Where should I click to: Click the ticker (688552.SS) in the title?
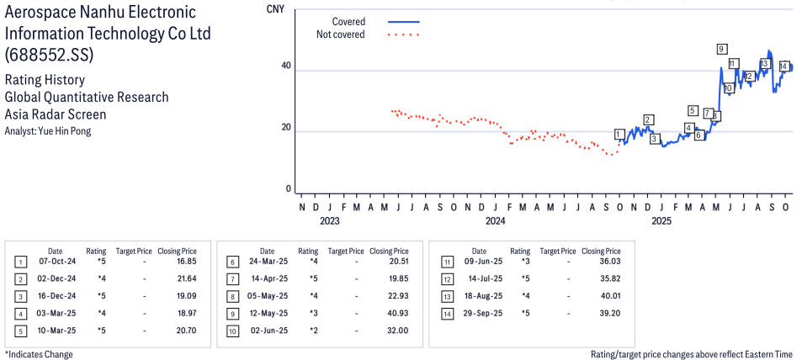tap(49, 55)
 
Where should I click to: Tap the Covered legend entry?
tap(348, 21)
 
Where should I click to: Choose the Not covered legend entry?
tap(340, 34)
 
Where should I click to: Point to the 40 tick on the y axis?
tap(286, 66)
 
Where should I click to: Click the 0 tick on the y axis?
tap(289, 189)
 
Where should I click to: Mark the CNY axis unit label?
tap(274, 10)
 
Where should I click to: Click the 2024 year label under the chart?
tap(495, 222)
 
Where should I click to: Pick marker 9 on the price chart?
tap(722, 49)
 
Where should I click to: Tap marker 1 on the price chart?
tap(619, 134)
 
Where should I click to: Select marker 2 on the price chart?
tap(648, 119)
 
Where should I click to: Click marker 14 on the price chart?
tap(783, 66)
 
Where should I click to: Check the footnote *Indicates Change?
tap(39, 354)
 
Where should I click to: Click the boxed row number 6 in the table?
tap(232, 262)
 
